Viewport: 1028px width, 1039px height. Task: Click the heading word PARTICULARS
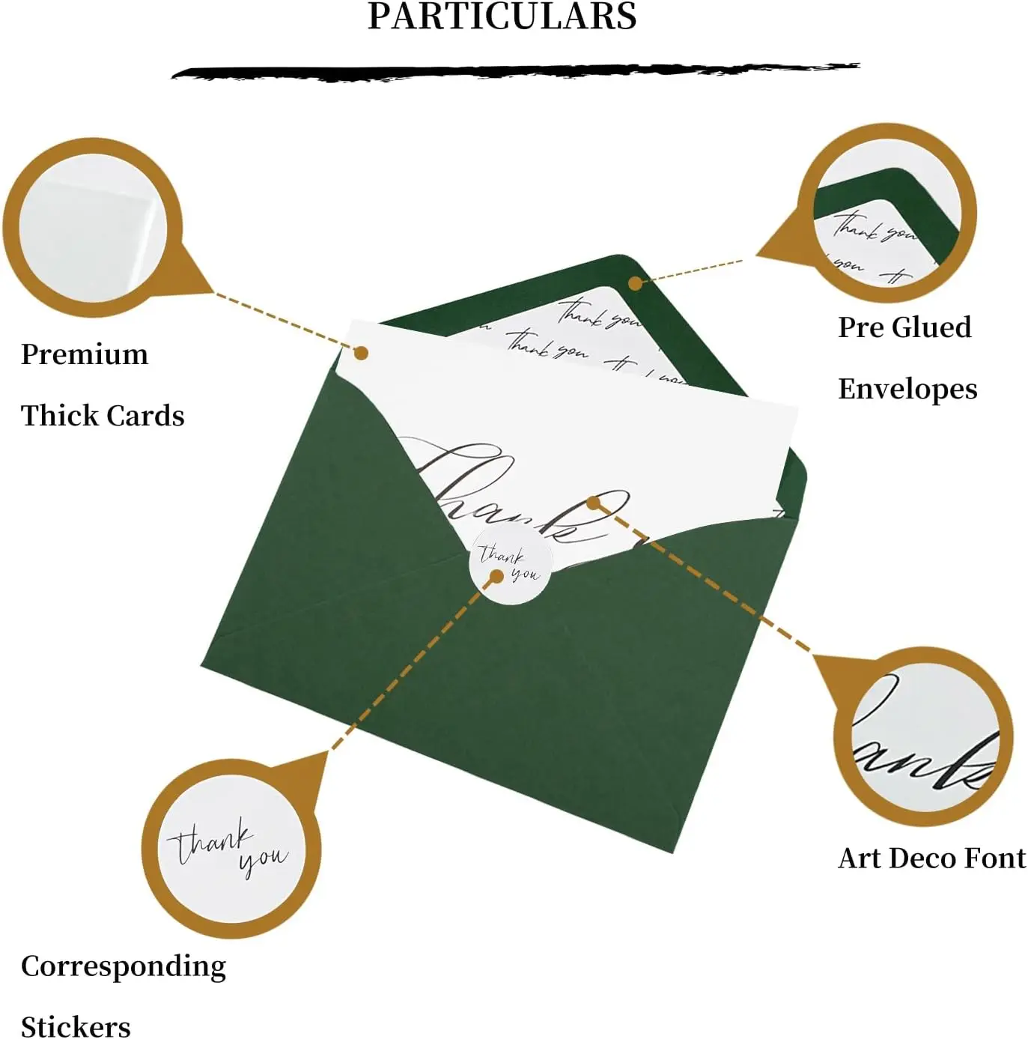pos(502,16)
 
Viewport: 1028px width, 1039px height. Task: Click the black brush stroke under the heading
pos(515,72)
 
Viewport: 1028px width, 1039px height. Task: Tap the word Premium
pos(85,354)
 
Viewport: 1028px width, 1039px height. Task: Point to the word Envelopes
pos(907,389)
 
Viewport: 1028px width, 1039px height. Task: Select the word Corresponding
pos(124,966)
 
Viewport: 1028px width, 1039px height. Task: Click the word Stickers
pos(76,1026)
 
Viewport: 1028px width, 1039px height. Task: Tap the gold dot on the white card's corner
pos(361,352)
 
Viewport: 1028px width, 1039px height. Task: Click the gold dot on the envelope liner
pos(635,283)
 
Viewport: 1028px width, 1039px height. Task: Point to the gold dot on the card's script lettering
pos(594,503)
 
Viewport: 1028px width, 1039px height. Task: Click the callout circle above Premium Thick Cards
pos(91,228)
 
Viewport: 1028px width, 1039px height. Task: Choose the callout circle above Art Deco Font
pos(924,737)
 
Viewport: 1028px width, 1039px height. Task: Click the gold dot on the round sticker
pos(496,577)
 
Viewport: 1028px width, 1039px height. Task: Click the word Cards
pos(147,416)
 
